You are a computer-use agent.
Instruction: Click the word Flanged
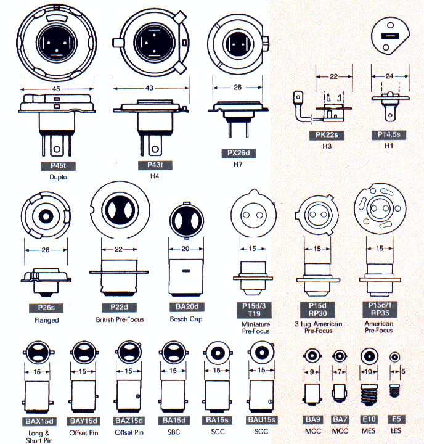tap(47, 320)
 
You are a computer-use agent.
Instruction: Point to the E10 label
tap(368, 419)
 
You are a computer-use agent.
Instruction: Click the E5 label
tap(396, 419)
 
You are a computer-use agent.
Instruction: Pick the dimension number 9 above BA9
tap(312, 372)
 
